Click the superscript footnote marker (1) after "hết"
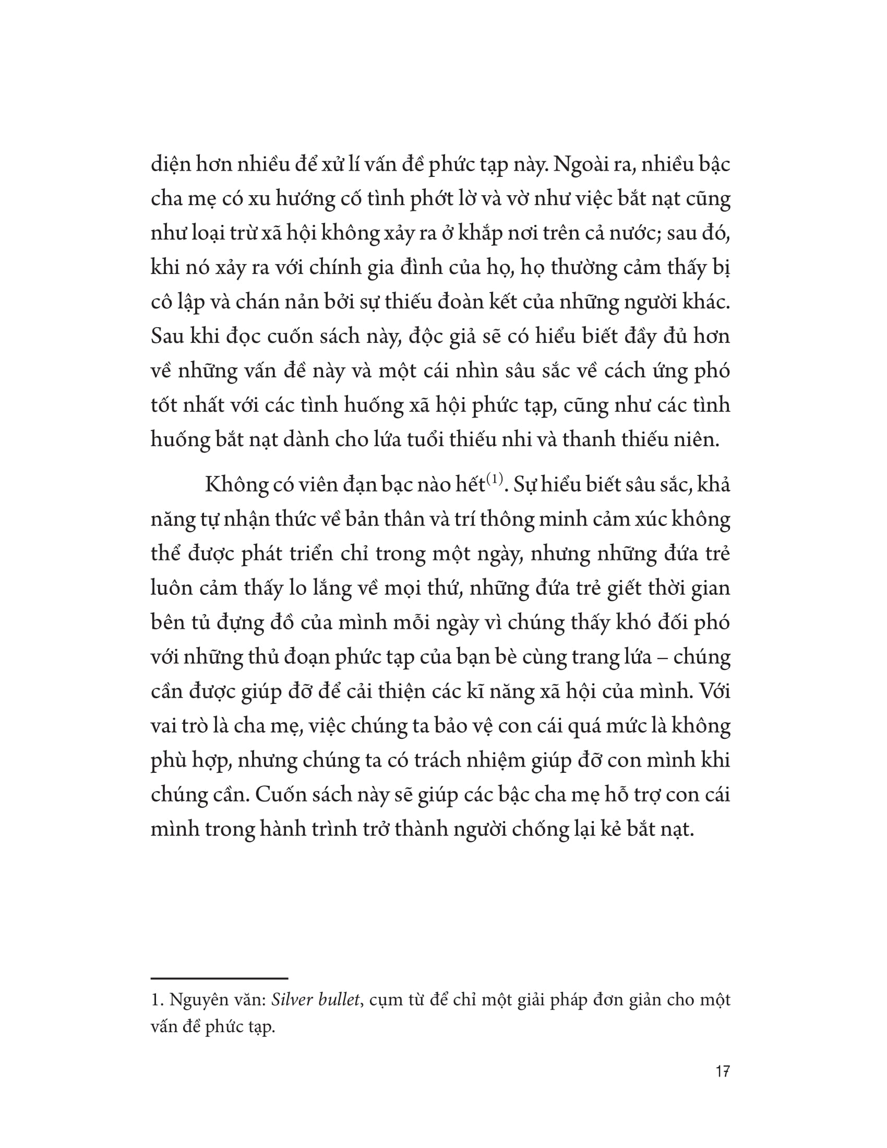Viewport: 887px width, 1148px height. (495, 479)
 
